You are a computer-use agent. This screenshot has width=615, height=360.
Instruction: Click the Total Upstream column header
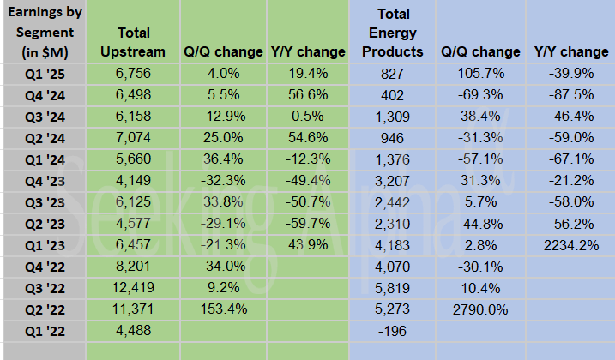(x=133, y=42)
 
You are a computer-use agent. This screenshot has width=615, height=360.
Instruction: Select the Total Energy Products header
(x=393, y=33)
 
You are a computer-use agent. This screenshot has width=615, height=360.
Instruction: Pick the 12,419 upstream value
(x=133, y=287)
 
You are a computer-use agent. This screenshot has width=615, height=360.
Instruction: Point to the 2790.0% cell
(x=479, y=309)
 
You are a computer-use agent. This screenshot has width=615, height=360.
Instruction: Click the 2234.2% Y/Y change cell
(x=570, y=244)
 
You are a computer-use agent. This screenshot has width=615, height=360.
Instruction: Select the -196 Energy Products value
(x=393, y=330)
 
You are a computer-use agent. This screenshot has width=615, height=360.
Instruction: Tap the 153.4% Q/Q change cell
(x=222, y=309)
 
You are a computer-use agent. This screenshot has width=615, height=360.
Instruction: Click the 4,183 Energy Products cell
(x=393, y=244)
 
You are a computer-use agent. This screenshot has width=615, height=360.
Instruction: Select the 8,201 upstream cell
(x=133, y=266)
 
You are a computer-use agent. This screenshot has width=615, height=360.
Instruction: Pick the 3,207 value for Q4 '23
(x=393, y=180)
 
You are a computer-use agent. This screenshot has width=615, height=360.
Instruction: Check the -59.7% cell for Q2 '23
(x=306, y=223)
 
